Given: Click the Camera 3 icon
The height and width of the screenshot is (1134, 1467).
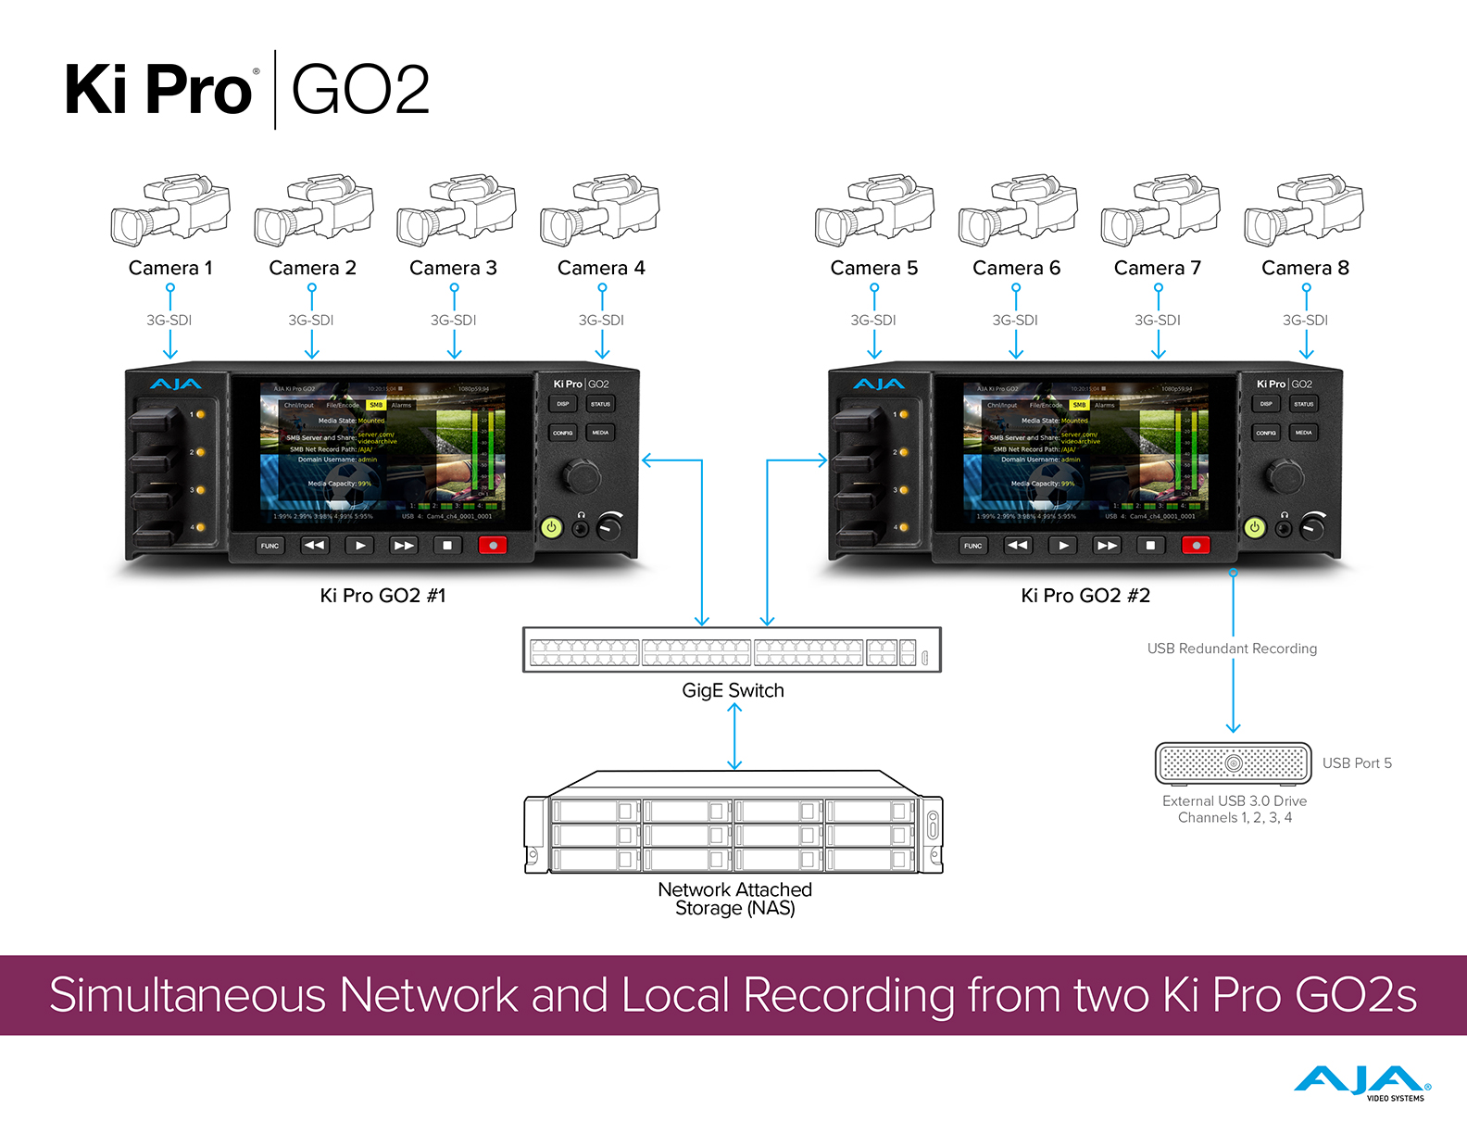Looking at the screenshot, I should (456, 209).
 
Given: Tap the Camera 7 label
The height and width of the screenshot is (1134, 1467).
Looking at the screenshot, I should (1157, 268).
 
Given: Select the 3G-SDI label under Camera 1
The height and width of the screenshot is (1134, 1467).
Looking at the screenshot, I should (169, 321).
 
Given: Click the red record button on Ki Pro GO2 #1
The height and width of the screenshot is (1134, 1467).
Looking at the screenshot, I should (493, 546).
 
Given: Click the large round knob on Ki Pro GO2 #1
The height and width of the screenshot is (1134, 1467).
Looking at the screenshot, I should (583, 476).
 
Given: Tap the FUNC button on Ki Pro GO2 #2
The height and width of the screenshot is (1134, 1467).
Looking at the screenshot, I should (972, 546).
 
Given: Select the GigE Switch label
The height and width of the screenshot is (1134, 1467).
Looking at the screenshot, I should (733, 690).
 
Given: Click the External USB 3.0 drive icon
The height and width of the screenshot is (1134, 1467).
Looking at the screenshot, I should (1233, 763).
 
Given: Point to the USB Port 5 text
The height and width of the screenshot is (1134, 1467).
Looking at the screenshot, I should (1357, 763).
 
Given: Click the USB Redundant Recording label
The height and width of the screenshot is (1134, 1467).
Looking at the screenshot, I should (1232, 649).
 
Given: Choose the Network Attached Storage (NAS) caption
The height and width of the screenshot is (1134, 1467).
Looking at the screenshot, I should (734, 899).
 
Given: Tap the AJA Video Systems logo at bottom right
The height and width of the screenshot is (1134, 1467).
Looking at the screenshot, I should (1361, 1083).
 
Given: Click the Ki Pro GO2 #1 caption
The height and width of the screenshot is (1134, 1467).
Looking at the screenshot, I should (382, 596).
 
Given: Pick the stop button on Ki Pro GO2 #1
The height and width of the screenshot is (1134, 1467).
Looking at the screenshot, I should (447, 546).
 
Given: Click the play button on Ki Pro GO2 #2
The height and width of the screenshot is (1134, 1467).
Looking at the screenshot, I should (1063, 546).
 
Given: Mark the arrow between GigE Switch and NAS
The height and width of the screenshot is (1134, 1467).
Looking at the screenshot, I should (734, 737).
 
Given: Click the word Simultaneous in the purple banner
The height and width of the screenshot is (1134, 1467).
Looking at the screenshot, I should (187, 996).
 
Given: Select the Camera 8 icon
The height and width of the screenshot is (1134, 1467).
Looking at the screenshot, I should (1304, 209).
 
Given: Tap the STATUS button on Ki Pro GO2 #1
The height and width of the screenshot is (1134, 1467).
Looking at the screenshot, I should (600, 404).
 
